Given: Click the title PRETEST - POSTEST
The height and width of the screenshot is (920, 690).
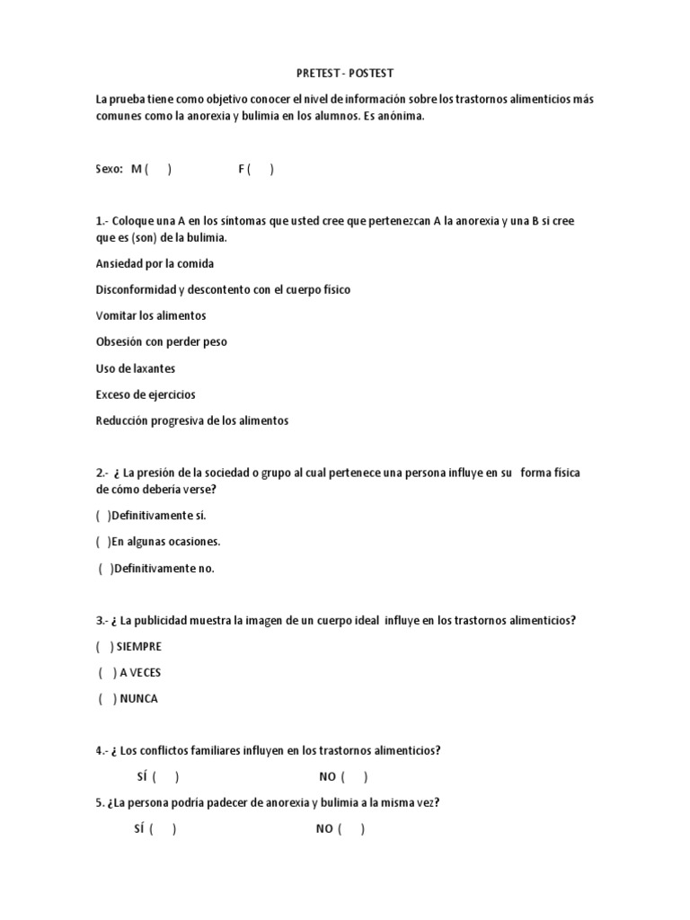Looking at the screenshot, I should tap(344, 74).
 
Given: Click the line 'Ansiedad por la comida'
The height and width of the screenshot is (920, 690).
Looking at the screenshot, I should tap(155, 263).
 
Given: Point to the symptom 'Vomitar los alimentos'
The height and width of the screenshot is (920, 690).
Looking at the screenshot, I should tap(151, 315).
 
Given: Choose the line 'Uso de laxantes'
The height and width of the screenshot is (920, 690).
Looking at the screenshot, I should tap(135, 368).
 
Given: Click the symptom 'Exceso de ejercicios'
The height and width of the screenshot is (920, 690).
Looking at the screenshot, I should tap(146, 394).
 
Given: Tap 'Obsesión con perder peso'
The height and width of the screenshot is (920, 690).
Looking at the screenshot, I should tap(162, 341).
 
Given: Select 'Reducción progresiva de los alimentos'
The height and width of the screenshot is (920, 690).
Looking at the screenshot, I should tap(192, 420).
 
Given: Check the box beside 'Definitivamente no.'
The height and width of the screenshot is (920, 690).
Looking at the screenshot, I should tap(105, 568).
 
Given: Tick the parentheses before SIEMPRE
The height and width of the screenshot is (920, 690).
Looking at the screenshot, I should tap(104, 646).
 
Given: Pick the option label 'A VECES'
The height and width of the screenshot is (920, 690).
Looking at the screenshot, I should tap(140, 672).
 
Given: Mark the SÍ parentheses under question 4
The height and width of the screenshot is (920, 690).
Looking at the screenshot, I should tap(165, 777).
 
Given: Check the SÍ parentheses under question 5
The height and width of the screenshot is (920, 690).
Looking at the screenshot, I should tap(163, 829).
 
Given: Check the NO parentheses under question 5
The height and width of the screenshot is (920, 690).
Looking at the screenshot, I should tap(351, 829).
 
